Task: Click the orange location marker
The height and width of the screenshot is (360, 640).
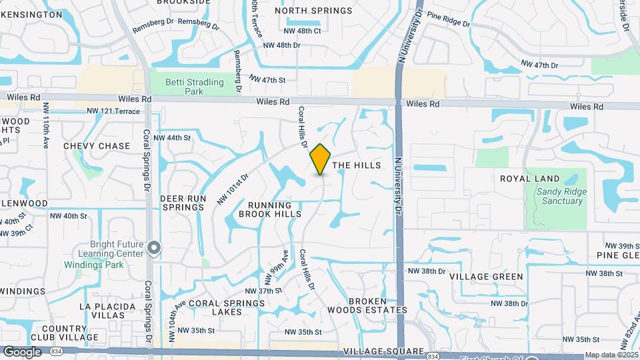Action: [320, 159]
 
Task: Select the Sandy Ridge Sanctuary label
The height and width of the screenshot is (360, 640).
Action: [559, 196]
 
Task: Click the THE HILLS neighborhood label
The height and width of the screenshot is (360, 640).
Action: [356, 165]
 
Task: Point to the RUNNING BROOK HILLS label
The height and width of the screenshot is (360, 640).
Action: [270, 210]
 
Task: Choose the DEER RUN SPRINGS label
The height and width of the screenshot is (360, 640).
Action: [182, 203]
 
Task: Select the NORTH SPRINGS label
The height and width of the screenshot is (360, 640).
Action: [313, 11]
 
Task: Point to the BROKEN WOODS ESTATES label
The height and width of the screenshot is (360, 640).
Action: [368, 305]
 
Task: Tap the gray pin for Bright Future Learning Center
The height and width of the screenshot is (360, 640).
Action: [154, 249]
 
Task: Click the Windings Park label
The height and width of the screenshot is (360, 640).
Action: [94, 265]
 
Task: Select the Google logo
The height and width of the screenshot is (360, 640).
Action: [21, 352]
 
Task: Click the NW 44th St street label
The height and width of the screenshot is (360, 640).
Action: [172, 138]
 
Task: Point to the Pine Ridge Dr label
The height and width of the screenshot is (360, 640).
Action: [449, 19]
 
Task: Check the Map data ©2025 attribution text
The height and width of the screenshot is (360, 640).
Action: [610, 355]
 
